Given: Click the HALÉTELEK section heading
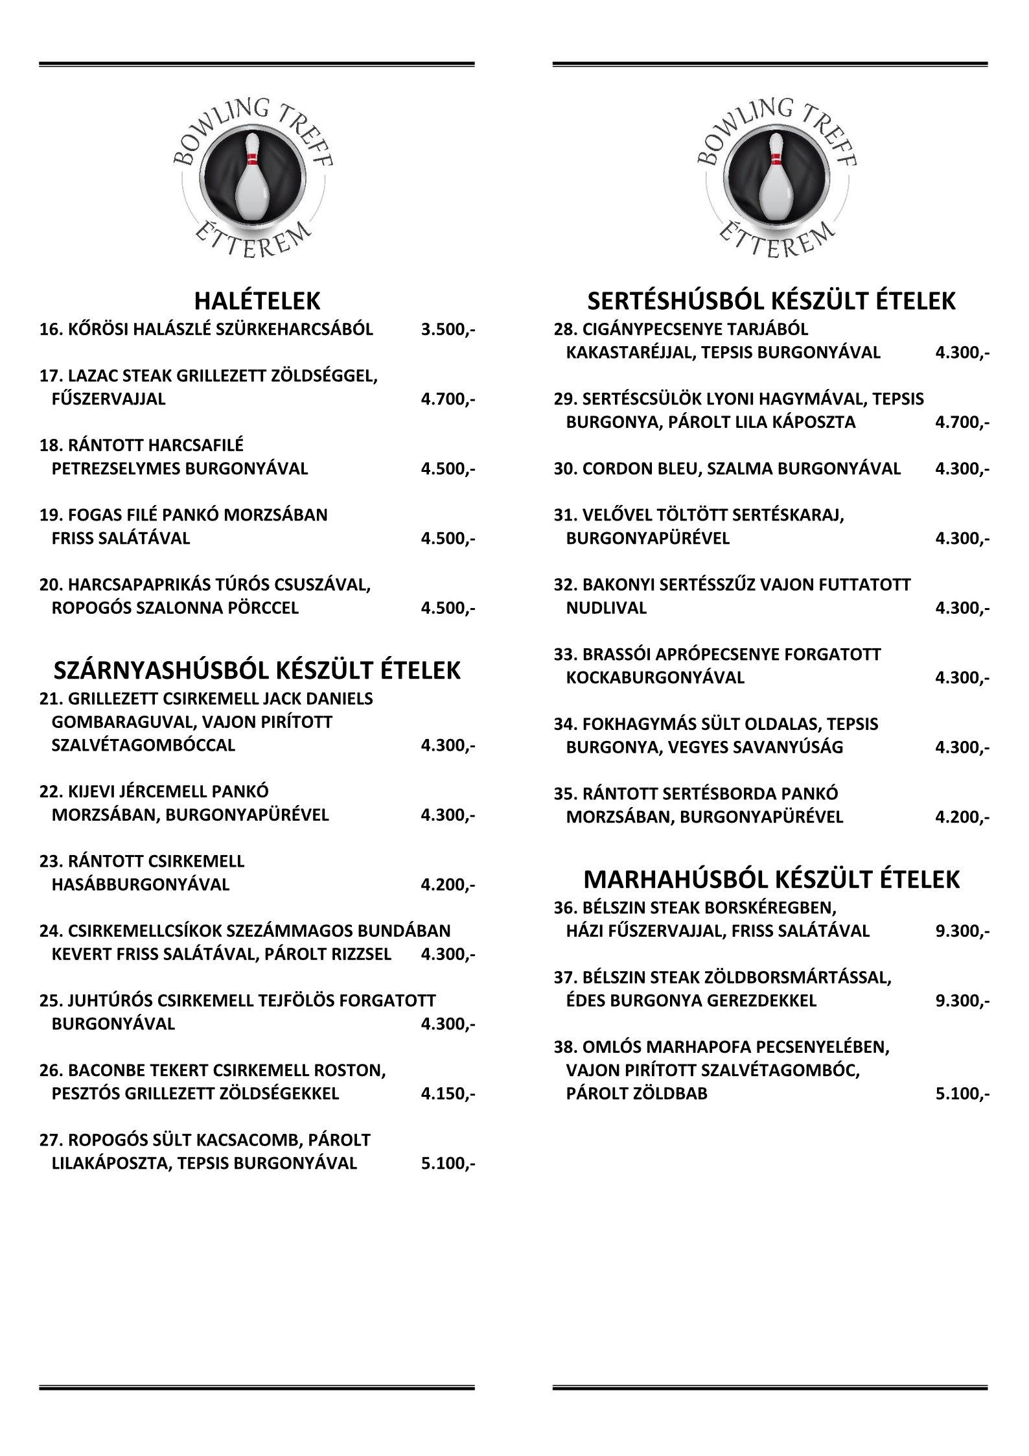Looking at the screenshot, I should [257, 301].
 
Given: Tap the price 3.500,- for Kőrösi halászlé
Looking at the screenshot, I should [447, 330].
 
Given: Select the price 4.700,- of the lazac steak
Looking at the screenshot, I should [447, 399].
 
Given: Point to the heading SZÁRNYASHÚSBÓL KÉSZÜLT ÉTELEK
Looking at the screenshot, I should [257, 670].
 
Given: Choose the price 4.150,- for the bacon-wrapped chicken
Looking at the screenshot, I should [447, 1094].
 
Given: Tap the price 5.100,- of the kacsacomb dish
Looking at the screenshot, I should [447, 1164].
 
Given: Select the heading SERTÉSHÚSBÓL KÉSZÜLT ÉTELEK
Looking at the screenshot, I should [771, 301].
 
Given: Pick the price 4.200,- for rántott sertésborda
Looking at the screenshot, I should [962, 817].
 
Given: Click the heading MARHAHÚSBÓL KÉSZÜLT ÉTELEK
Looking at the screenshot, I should [771, 880].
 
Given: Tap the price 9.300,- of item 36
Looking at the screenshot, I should [962, 932].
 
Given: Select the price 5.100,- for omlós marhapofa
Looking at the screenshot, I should [962, 1094].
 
